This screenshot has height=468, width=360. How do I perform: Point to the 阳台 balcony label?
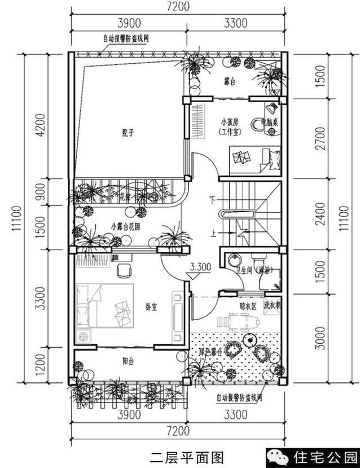130,360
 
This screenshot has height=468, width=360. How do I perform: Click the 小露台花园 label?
126,226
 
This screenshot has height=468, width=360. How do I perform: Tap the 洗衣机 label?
273,305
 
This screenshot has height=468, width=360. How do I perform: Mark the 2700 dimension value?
320,138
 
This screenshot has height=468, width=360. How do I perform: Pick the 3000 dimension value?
320,338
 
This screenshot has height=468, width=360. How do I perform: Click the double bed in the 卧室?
106,305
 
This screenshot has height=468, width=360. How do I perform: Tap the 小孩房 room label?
231,122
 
